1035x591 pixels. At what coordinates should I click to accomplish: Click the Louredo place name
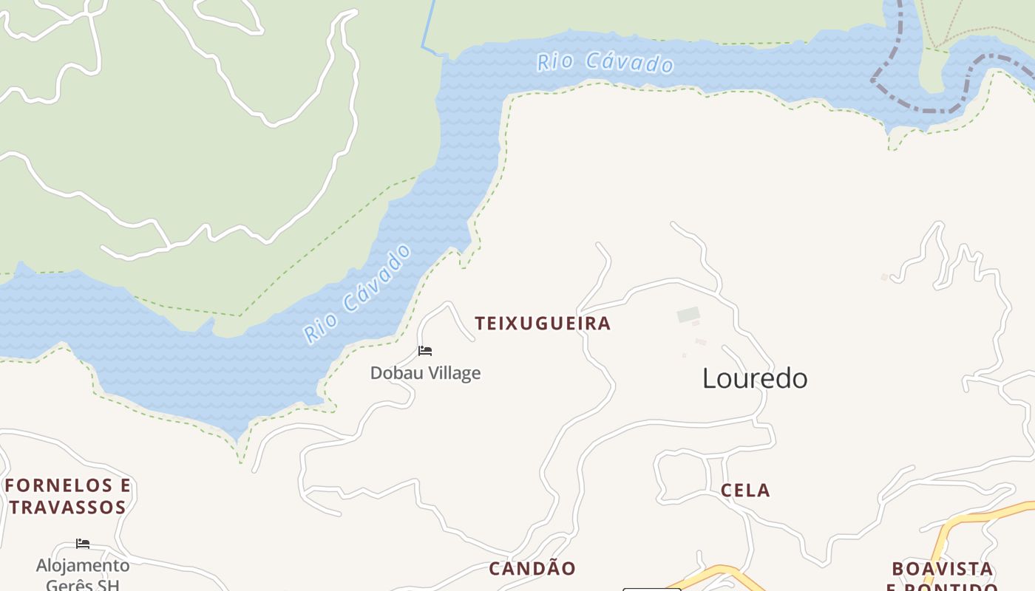tap(755, 378)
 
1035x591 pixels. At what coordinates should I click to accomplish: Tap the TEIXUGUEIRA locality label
tap(543, 324)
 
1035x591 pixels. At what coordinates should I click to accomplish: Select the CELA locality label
tap(745, 491)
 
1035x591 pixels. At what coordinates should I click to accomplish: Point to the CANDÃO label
tap(532, 569)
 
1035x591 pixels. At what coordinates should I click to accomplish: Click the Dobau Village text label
tap(425, 373)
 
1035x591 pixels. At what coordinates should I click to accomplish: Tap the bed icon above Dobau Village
tap(425, 351)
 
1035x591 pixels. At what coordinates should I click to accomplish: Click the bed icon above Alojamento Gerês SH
tap(83, 544)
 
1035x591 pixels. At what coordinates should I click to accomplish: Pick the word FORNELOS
tap(58, 485)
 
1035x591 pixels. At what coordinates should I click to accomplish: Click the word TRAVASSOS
tap(68, 508)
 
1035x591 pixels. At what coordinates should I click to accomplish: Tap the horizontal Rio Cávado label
tap(605, 63)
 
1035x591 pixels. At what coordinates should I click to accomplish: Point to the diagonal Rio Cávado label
tap(358, 293)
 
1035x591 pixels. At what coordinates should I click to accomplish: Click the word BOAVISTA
tap(942, 569)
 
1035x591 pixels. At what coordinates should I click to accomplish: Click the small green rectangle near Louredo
tap(688, 315)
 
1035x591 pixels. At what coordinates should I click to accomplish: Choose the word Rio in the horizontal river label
tap(554, 61)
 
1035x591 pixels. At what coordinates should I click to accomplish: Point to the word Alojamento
tap(83, 566)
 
